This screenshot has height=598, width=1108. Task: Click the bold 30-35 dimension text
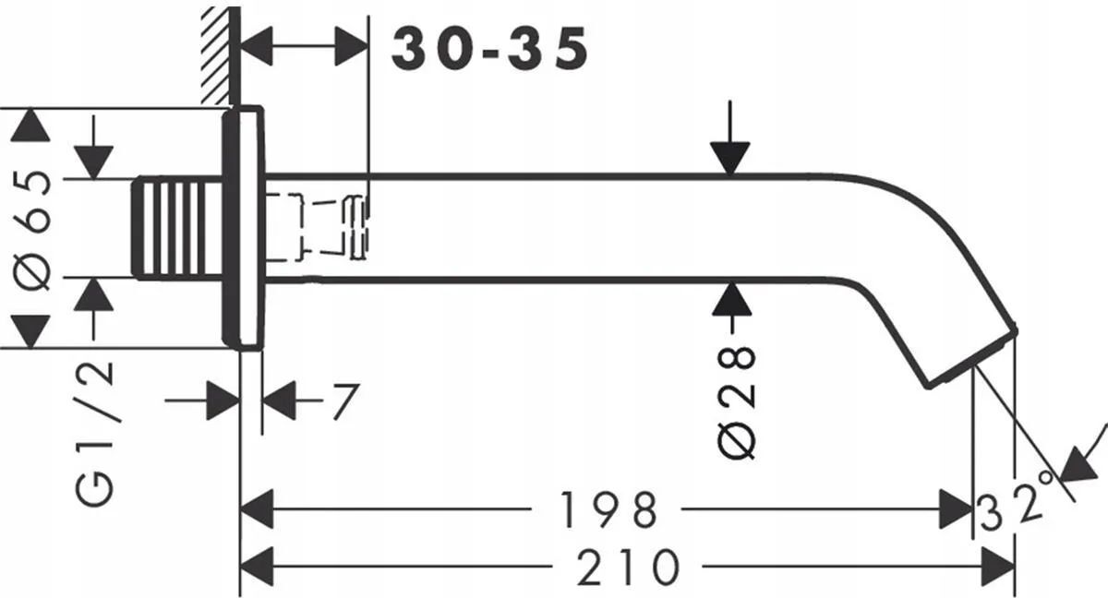(489, 48)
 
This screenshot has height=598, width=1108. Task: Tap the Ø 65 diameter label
(32, 230)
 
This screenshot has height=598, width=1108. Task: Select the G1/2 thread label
(94, 434)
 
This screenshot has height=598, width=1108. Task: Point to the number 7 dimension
(345, 401)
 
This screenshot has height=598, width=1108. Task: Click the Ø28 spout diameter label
(736, 403)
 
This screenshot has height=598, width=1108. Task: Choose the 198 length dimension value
(608, 510)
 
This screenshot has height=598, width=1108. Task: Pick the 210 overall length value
(628, 567)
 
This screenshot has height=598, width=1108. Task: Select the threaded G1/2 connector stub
(176, 228)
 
